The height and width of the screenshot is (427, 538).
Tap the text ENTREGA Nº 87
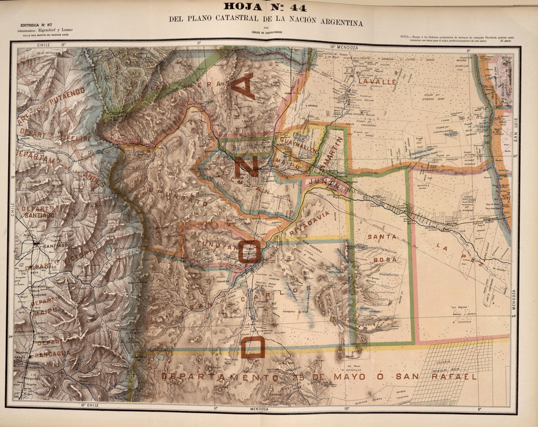point(36,24)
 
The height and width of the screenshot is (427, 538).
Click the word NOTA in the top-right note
point(404,37)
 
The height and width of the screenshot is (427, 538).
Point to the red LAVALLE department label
point(377,82)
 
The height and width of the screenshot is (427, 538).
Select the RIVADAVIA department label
point(310,223)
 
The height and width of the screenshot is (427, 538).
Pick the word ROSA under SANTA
point(385,259)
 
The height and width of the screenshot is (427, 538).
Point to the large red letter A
point(243,86)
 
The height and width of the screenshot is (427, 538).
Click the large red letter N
point(247,167)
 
